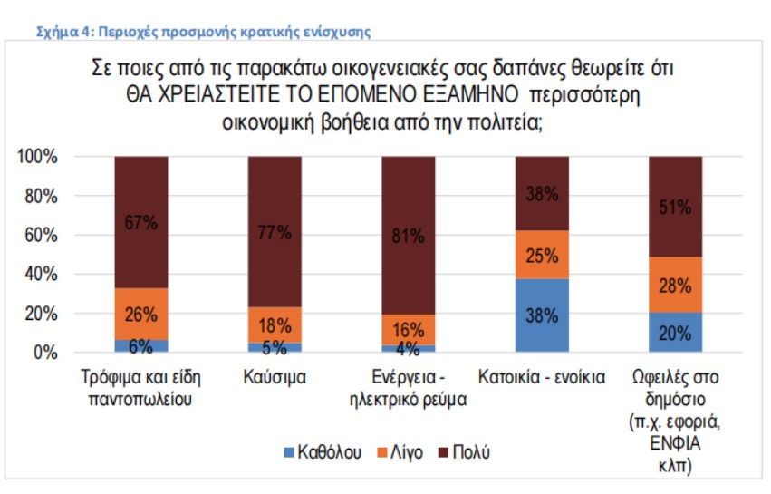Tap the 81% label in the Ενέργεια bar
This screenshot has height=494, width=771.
coord(408,237)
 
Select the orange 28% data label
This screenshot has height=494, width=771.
coord(675,286)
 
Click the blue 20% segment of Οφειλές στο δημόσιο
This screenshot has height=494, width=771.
coord(675,332)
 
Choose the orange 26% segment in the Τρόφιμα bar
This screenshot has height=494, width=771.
coord(140,315)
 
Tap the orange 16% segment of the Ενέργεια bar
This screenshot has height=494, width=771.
coord(408,329)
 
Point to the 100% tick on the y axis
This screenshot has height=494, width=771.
coord(37,158)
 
